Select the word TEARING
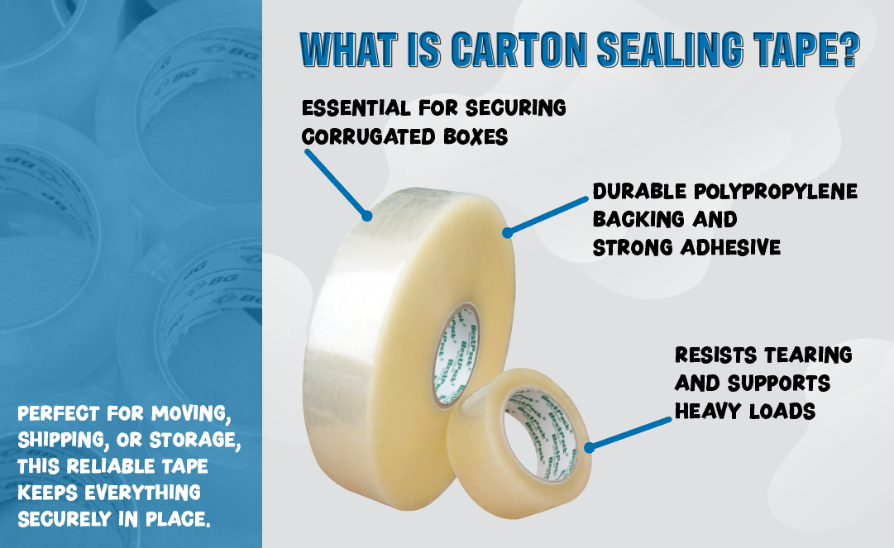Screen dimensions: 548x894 coord(807,355)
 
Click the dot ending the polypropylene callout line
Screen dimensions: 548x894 coord(506,233)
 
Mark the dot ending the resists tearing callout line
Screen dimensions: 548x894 coord(588,448)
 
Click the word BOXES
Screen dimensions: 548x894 coord(477,136)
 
